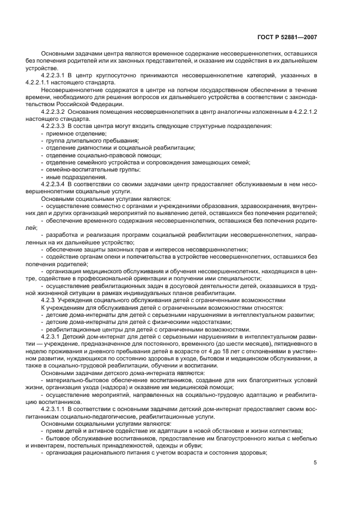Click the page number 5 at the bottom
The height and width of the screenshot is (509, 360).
coord(315,462)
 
